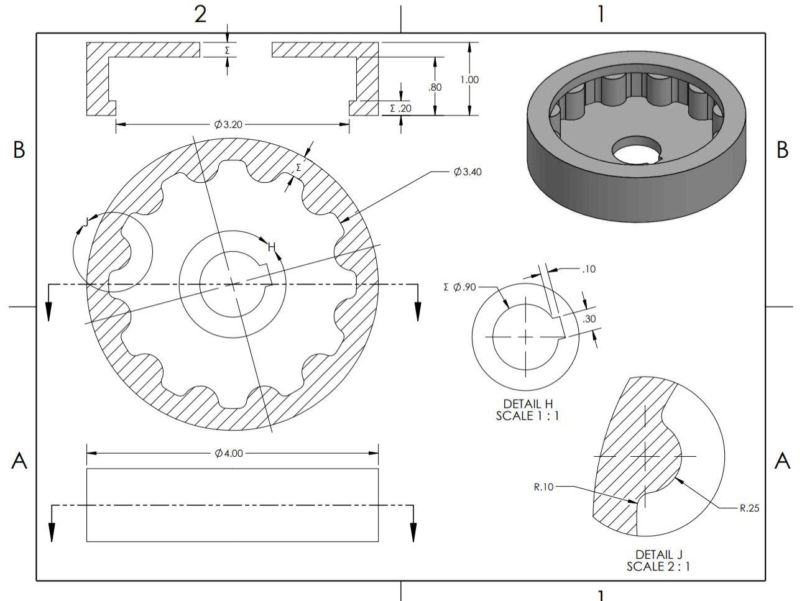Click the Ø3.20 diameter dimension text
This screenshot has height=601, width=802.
228,124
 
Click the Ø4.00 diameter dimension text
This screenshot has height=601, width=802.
229,453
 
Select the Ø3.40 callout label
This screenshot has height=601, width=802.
468,172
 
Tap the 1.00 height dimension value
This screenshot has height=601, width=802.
469,80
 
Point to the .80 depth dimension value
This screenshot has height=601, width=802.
435,87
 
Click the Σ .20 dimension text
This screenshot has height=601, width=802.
400,108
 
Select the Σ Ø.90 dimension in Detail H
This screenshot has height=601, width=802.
459,287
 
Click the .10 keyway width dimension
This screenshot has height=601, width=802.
588,269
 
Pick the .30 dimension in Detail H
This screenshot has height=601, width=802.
589,319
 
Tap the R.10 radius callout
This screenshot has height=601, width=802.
543,487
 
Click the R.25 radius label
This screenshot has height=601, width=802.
749,508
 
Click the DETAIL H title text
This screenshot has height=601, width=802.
528,404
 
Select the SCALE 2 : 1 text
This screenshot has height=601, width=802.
658,566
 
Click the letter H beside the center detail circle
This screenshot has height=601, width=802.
271,247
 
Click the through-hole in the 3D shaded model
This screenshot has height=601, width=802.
636,150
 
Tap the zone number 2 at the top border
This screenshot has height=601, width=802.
200,14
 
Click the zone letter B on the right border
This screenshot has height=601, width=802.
782,150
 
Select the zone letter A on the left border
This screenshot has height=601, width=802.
19,461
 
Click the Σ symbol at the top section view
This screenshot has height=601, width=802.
227,50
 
